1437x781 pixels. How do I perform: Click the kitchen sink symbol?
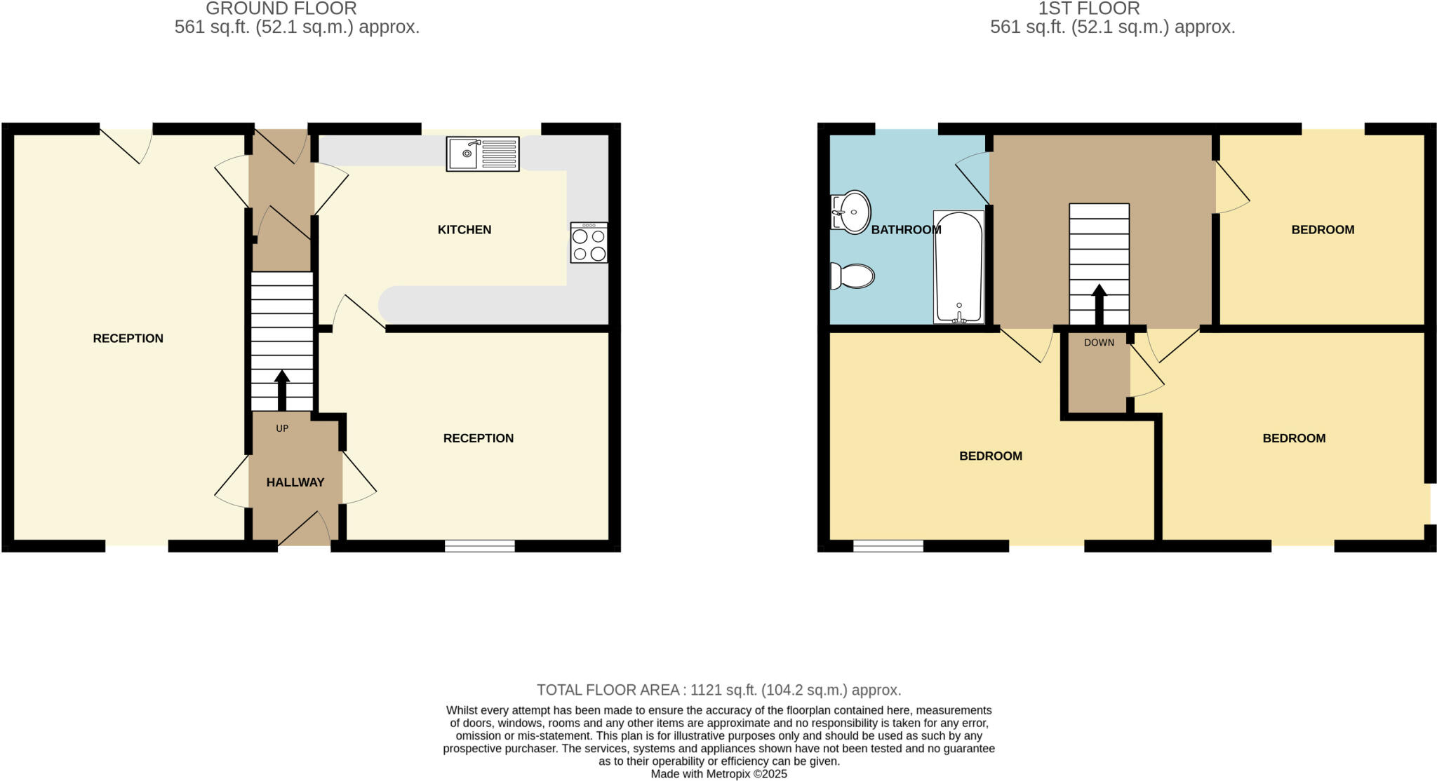[483, 154]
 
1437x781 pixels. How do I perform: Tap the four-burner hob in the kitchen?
[589, 243]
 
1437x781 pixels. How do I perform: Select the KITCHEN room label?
[464, 230]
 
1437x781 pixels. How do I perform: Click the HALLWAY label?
[295, 482]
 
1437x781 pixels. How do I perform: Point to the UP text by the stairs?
[282, 428]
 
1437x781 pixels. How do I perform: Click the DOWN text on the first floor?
[1099, 343]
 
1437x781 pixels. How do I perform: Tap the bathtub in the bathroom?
[958, 267]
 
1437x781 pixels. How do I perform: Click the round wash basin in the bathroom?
[852, 211]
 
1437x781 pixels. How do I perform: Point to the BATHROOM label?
[906, 230]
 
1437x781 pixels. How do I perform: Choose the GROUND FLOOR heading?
[281, 8]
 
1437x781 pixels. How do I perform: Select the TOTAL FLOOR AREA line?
[718, 690]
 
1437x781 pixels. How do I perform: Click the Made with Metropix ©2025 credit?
[718, 774]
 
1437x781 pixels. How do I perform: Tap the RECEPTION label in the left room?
[128, 339]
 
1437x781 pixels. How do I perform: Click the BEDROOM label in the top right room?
[1323, 230]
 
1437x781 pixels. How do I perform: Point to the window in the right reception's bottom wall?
[480, 546]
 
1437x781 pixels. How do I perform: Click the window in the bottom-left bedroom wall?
[888, 546]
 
